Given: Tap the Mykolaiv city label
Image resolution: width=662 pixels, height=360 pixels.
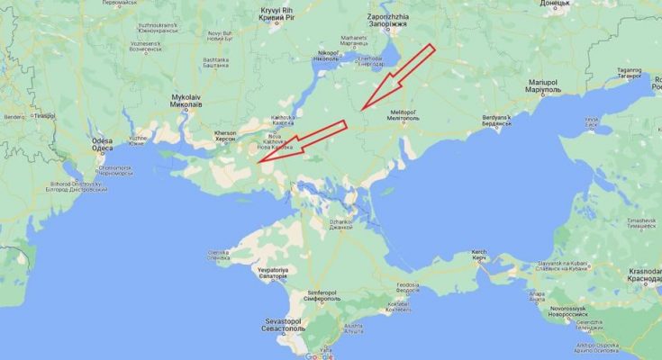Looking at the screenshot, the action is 186,100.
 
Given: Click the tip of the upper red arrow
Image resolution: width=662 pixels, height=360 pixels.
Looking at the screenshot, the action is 361,110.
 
